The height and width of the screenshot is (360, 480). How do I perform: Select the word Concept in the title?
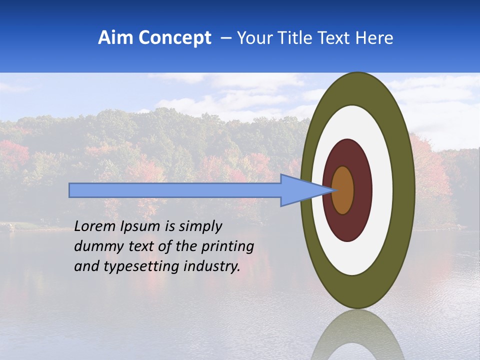175,38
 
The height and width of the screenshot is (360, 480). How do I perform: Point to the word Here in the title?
374,38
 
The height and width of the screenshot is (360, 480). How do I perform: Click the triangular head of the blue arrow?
300,190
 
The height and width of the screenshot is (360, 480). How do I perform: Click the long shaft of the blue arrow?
175,190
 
